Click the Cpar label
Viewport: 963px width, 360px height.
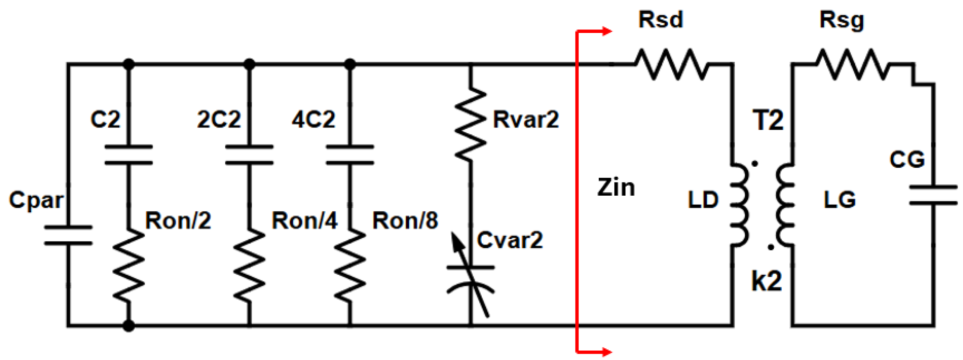point(36,200)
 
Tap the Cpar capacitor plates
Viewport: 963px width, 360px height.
point(68,235)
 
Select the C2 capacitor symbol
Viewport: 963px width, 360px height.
point(129,155)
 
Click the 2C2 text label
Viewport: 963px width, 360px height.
point(219,119)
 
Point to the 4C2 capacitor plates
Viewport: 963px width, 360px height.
point(350,155)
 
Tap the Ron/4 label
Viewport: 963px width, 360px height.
point(304,220)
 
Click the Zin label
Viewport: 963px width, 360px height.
point(616,188)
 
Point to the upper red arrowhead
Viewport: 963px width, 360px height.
point(606,31)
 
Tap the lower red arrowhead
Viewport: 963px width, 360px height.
point(606,352)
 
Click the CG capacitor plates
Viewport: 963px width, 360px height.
point(933,195)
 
